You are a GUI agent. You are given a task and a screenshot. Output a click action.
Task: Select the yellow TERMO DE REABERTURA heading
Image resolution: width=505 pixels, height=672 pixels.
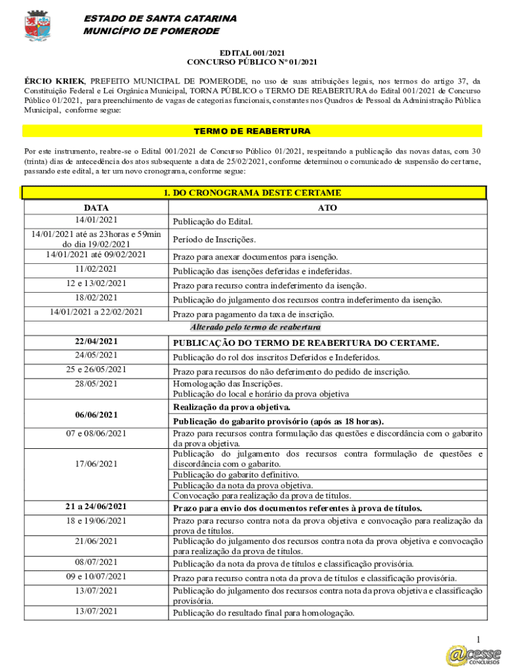click(253, 131)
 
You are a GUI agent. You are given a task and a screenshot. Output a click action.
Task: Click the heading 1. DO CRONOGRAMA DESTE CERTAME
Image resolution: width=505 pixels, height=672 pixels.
click(253, 192)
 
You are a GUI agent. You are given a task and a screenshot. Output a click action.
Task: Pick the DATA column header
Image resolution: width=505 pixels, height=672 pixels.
click(96, 207)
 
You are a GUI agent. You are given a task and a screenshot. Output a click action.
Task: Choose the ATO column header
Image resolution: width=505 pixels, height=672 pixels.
click(327, 207)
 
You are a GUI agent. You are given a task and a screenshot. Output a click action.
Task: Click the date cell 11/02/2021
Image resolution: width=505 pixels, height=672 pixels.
click(96, 269)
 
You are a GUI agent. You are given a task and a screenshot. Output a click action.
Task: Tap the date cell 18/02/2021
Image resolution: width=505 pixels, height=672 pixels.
click(96, 298)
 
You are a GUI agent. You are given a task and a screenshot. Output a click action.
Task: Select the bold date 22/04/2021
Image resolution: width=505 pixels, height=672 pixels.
click(96, 341)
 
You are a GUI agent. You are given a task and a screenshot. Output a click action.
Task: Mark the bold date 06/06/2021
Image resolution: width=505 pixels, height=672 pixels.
click(96, 415)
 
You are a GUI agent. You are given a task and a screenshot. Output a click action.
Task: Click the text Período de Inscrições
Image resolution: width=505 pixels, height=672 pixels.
click(214, 240)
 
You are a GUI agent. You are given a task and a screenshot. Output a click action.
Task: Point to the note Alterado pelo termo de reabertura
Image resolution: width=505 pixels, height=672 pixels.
click(255, 327)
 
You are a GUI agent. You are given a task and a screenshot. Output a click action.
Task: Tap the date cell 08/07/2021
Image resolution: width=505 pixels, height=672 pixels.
click(96, 562)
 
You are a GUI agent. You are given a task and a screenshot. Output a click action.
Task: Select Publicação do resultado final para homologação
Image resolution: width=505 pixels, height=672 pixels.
click(263, 614)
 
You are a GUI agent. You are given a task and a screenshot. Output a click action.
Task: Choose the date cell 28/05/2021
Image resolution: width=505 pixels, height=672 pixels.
click(96, 384)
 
